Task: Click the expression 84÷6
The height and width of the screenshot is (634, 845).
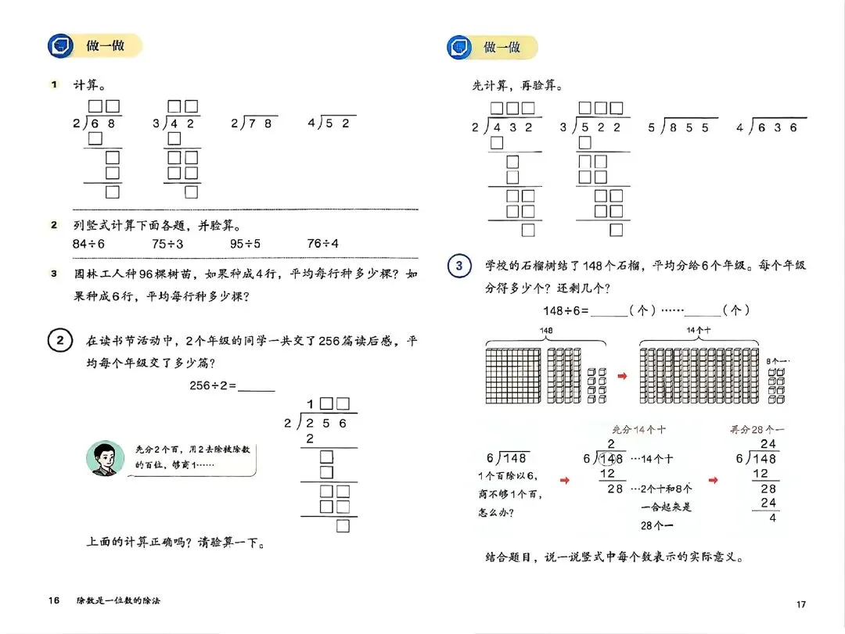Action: pos(88,243)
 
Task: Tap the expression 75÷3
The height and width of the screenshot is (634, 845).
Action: pos(167,243)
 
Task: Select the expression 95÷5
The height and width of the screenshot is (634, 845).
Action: pos(245,243)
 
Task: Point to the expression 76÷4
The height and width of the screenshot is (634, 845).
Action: pos(323,243)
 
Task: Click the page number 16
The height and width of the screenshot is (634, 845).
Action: pos(54,600)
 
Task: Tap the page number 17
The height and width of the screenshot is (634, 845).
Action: pos(800,604)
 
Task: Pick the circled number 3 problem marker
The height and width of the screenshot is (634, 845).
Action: pos(458,267)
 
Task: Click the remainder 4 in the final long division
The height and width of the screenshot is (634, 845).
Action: pos(773,517)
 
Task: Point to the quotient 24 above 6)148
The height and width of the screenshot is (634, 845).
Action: pos(768,444)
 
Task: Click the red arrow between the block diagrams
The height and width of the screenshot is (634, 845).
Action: pos(623,377)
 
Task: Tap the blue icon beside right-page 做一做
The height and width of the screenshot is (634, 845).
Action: pos(458,47)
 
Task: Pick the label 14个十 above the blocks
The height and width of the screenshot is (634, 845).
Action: pos(698,331)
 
